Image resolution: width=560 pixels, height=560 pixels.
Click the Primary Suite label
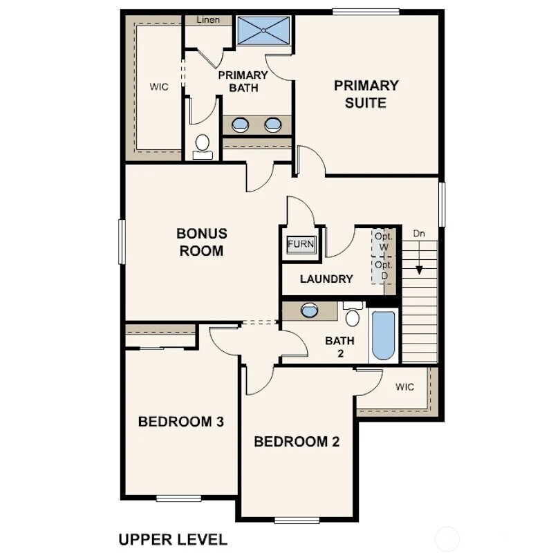click(366, 95)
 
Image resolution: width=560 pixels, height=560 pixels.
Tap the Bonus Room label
click(202, 243)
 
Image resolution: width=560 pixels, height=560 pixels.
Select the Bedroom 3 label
click(180, 421)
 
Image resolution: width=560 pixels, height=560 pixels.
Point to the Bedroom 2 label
click(297, 442)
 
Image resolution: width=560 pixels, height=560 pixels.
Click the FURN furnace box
click(301, 244)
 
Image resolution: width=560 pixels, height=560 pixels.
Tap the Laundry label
click(327, 279)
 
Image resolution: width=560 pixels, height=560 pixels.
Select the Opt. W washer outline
click(384, 241)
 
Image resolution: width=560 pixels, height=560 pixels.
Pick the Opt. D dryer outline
click(384, 270)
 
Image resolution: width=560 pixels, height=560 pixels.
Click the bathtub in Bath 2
click(382, 336)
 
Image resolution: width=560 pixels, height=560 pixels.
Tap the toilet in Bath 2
click(353, 315)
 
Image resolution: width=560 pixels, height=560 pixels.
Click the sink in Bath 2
click(310, 310)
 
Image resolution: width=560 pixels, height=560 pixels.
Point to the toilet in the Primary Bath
click(203, 145)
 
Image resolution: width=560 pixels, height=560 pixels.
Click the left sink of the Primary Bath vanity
click(240, 125)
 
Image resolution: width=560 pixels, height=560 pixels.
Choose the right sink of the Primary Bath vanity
click(274, 125)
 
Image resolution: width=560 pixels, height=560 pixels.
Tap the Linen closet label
click(208, 20)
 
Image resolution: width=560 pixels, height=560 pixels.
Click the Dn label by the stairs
click(419, 234)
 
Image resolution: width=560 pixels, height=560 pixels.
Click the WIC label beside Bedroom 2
click(405, 387)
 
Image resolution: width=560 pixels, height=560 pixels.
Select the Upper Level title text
click(172, 539)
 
